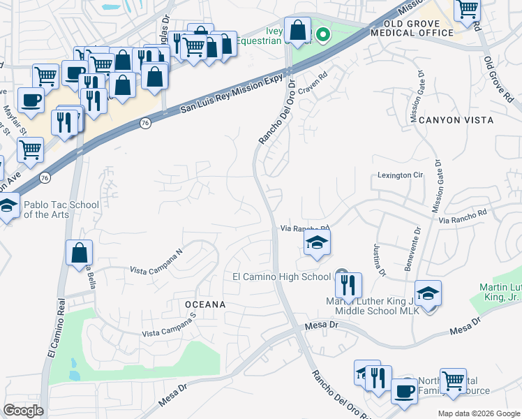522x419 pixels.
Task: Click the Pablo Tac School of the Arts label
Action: (61, 209)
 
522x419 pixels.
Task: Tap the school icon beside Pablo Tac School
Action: (8, 206)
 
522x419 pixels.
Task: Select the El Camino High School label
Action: (281, 277)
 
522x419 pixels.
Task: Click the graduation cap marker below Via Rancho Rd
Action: (317, 243)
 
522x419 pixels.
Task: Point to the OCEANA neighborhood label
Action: (204, 304)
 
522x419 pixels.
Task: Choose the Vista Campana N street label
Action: (156, 262)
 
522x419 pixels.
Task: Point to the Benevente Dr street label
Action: (412, 249)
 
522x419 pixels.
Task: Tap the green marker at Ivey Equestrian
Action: (323, 35)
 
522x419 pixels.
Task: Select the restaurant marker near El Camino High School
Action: (348, 285)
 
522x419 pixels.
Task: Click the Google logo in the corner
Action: (23, 411)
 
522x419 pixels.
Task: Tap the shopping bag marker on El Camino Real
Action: (80, 253)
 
